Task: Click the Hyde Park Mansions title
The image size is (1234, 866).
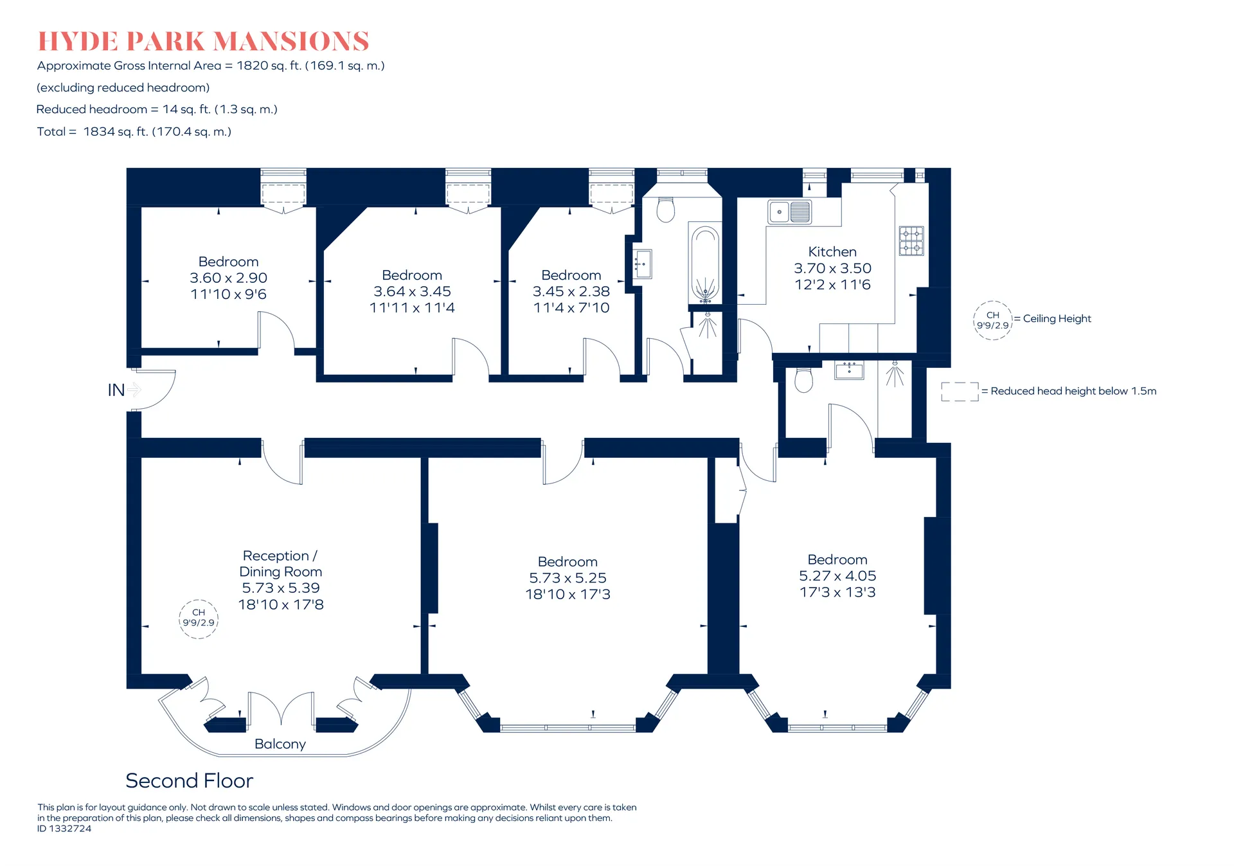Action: pos(203,41)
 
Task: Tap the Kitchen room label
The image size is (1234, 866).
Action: pos(832,252)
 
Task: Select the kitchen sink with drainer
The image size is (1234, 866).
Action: pos(789,212)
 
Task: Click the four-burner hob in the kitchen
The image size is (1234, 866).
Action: pos(911,241)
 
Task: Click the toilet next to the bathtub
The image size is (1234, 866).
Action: pos(666,209)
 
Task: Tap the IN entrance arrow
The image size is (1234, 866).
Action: pos(134,390)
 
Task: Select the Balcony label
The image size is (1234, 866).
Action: pos(280,744)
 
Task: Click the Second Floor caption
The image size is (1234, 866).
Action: pos(190,780)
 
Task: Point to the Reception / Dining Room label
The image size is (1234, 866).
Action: pos(280,564)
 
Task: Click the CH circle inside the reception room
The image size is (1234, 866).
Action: pos(199,618)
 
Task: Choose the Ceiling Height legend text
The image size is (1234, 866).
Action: pos(1057,319)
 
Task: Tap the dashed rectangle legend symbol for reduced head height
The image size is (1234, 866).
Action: pos(960,392)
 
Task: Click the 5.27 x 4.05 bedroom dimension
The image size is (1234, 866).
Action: pos(837,576)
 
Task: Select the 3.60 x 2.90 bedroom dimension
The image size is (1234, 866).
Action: pos(228,278)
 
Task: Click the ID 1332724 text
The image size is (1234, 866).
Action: pos(64,829)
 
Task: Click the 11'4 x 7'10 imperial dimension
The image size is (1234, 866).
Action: pos(571,308)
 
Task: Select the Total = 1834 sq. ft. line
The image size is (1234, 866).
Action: pos(134,132)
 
